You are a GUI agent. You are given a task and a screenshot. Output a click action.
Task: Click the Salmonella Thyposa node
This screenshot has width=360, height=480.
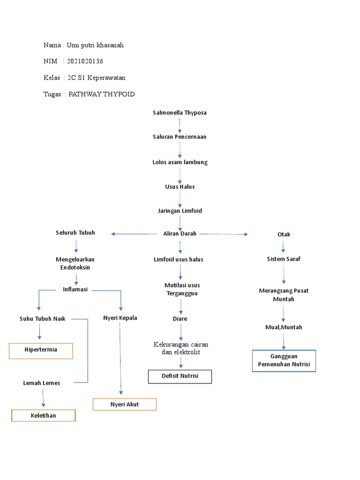180,113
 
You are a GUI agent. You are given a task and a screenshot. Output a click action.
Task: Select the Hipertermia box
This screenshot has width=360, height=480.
41,351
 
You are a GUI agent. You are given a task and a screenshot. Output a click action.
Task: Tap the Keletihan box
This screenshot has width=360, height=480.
43,416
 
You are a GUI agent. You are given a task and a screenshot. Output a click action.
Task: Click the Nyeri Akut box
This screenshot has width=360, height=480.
124,404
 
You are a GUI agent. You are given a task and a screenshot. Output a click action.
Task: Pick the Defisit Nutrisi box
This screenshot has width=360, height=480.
180,376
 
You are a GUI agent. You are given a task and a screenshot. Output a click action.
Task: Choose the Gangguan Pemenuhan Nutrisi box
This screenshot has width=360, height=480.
284,360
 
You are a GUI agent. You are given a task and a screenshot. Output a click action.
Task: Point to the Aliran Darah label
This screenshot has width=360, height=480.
180,233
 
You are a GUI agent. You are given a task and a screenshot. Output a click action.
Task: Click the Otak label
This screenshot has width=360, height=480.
284,234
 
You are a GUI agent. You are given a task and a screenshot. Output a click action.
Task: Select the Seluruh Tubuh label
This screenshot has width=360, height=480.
75,233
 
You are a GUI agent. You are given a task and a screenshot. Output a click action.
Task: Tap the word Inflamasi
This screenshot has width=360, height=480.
75,289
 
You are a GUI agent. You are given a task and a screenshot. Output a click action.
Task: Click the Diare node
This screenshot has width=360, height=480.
180,319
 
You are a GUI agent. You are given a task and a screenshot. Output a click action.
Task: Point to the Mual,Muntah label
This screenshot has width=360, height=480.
284,327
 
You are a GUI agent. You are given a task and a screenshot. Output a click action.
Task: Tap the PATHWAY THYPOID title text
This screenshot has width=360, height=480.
102,94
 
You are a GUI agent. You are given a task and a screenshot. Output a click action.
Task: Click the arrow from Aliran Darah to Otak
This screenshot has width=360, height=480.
223,234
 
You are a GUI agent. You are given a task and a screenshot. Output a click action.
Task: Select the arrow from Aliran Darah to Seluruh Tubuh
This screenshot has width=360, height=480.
134,234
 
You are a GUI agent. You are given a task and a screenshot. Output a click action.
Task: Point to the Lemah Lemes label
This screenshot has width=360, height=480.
42,383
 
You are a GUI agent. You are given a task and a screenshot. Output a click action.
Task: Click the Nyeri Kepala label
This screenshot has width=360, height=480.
120,318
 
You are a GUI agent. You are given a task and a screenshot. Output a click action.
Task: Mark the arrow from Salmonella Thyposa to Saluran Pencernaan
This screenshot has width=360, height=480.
180,125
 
